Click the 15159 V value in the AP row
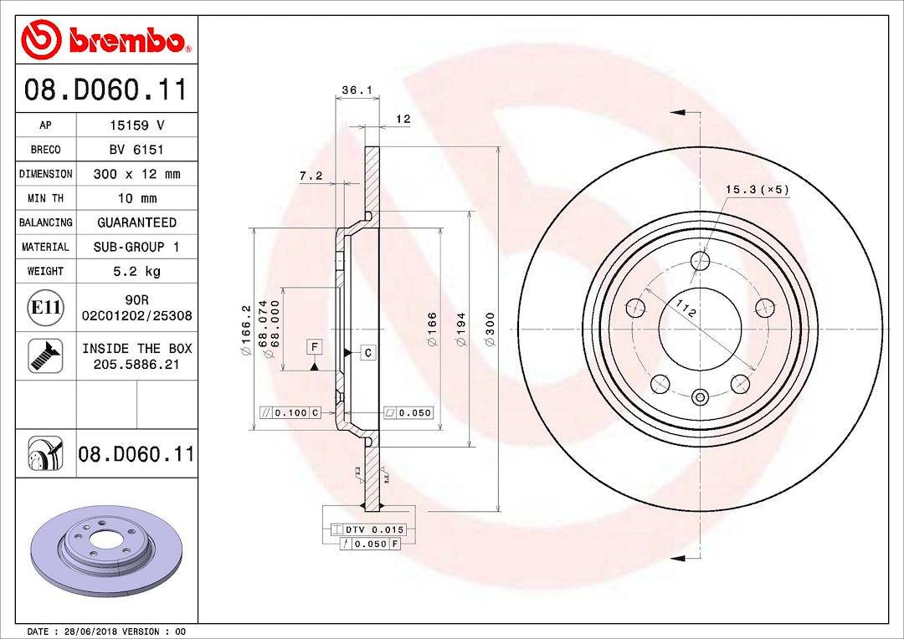136,125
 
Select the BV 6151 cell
136,150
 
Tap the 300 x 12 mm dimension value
136,174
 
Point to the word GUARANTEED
136,222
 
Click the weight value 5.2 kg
136,271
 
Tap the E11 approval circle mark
45,307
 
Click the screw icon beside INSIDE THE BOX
45,355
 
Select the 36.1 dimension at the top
357,89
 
